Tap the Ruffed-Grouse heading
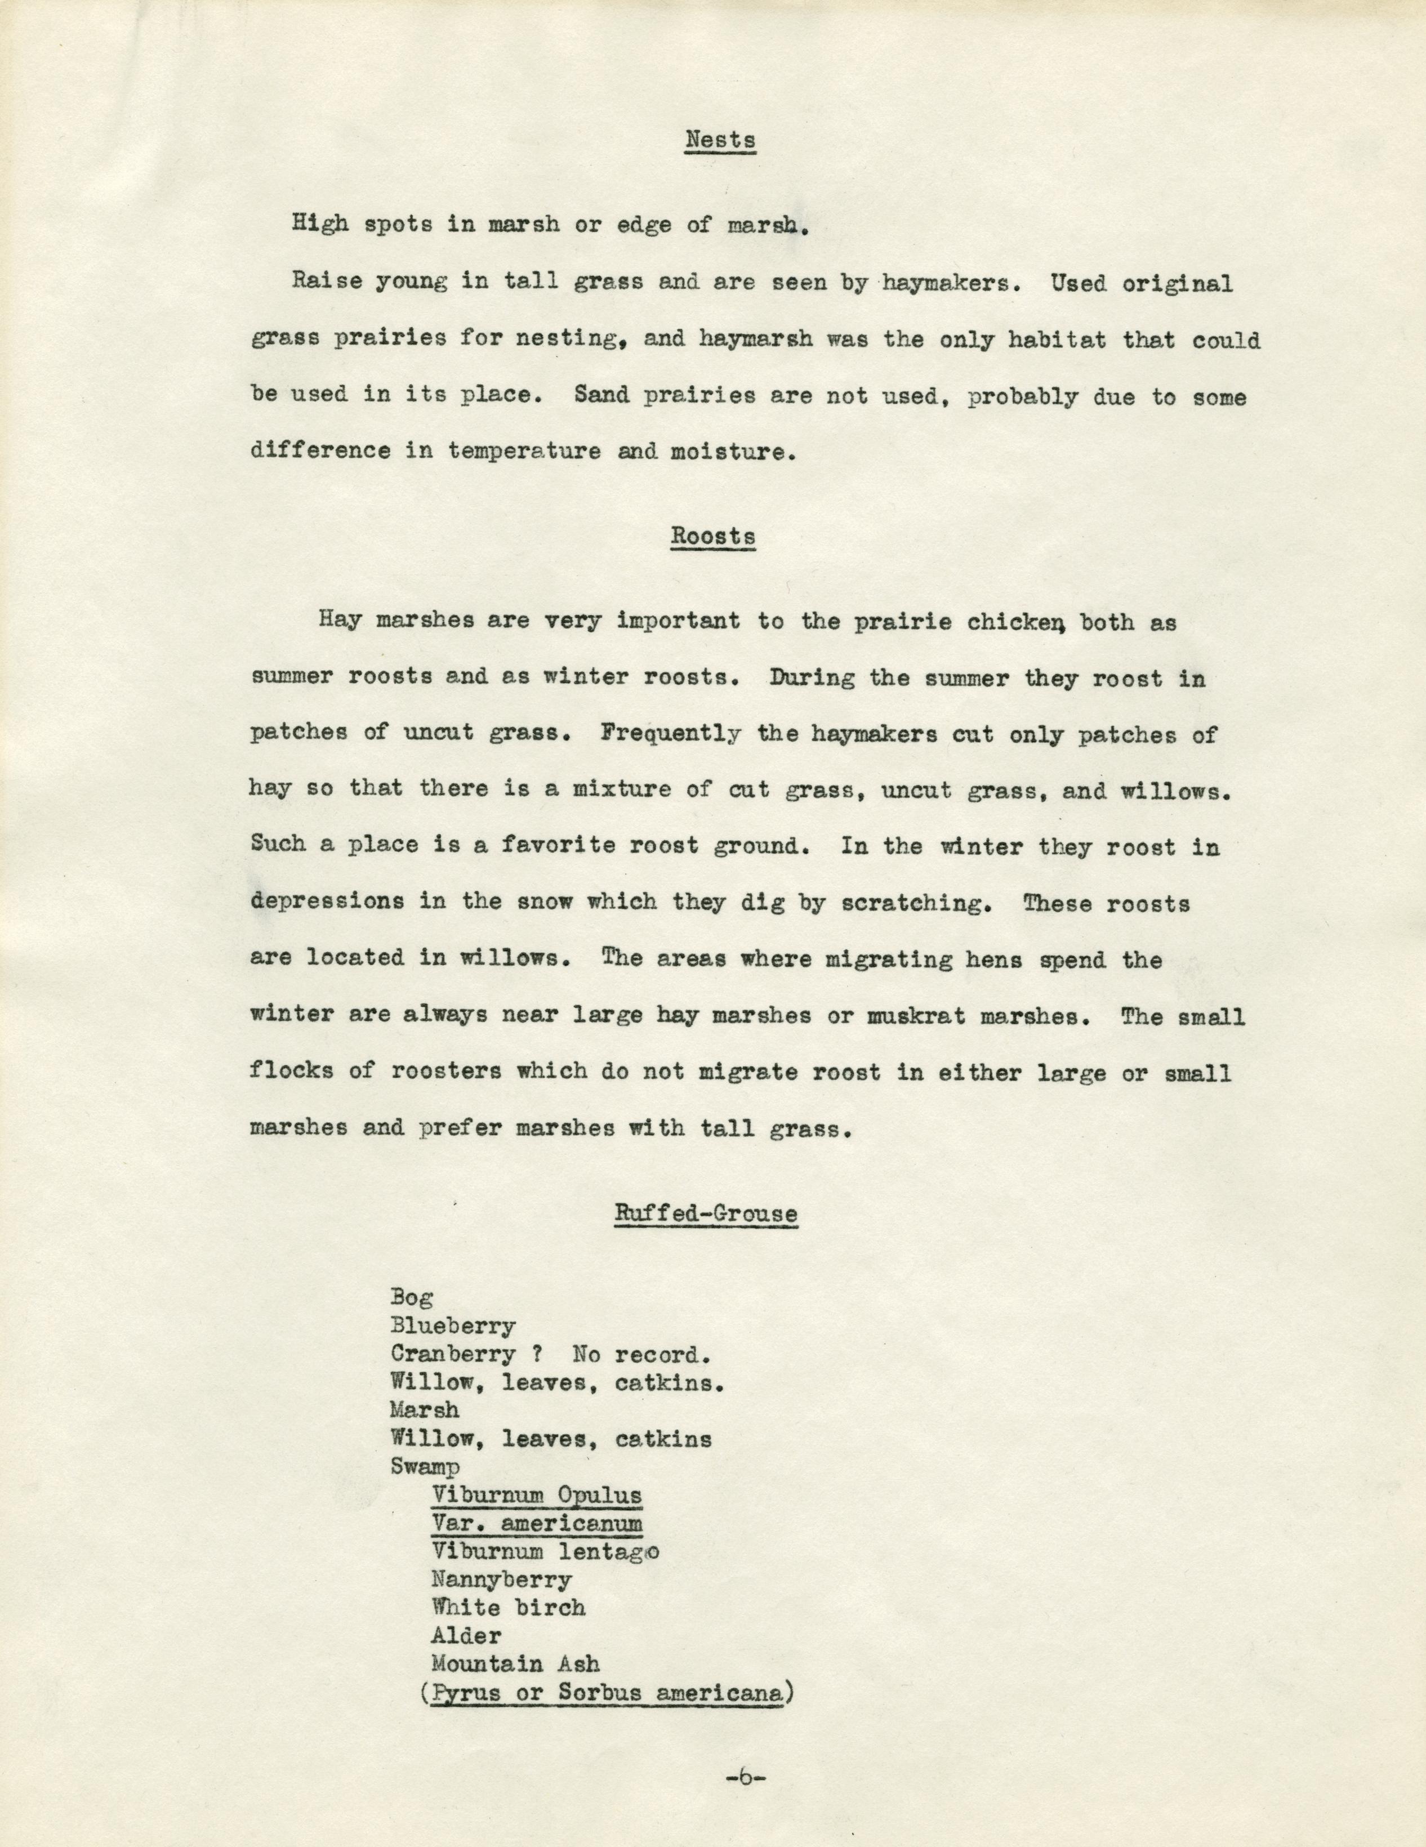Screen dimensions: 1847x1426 (705, 1214)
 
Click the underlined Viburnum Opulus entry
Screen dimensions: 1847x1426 (536, 1494)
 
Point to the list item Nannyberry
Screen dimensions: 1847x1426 (501, 1579)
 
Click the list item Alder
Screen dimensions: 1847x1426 (466, 1636)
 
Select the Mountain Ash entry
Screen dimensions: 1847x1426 (515, 1665)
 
